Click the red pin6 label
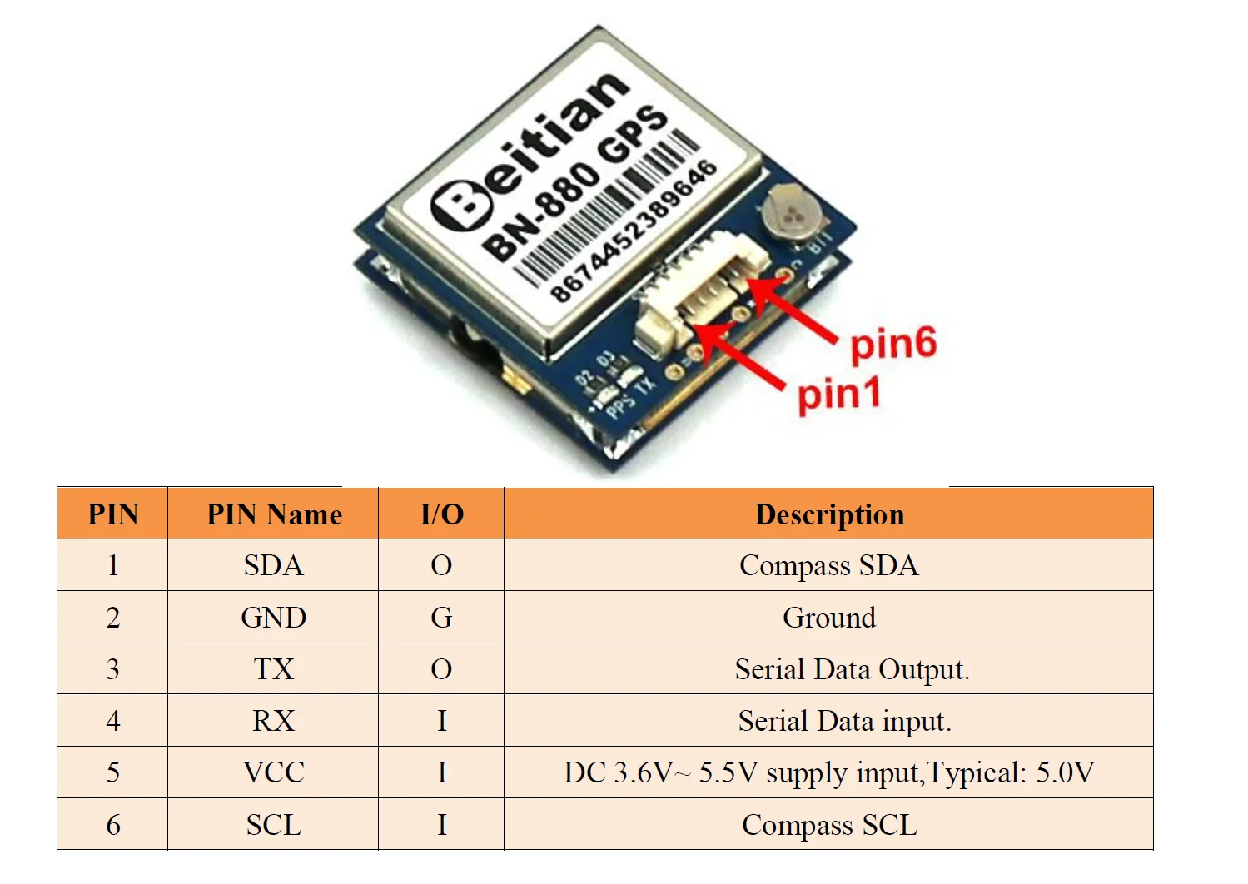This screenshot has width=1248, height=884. (x=892, y=344)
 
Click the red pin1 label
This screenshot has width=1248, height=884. (x=838, y=395)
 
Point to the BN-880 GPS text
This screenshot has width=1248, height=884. (x=574, y=184)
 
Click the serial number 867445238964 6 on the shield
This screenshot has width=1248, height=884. (x=634, y=231)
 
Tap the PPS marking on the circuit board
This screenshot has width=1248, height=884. (x=620, y=403)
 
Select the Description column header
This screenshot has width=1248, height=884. (x=828, y=514)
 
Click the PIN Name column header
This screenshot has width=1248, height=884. (x=274, y=514)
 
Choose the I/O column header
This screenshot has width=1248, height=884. (x=441, y=514)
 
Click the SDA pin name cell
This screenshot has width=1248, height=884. (x=274, y=566)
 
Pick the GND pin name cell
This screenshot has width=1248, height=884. (x=274, y=618)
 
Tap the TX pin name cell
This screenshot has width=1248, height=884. (x=274, y=669)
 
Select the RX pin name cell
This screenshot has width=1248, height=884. (x=274, y=721)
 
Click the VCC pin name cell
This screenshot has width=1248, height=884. (x=274, y=772)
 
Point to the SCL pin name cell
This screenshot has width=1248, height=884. (x=274, y=825)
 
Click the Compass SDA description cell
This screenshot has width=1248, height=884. (x=828, y=566)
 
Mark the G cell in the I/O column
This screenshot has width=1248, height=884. (x=441, y=618)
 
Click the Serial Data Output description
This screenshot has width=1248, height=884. (x=852, y=669)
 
